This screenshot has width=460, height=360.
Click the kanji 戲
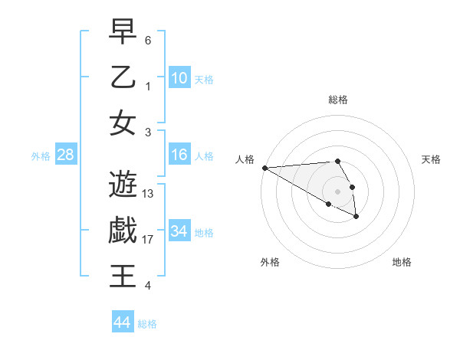(x=123, y=230)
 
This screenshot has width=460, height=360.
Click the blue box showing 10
(x=179, y=77)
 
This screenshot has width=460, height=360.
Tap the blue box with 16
(x=179, y=155)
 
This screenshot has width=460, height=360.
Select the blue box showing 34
(x=179, y=231)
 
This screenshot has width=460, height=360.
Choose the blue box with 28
(x=65, y=155)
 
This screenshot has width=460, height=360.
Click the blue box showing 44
(x=122, y=322)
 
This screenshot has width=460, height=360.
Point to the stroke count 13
(x=148, y=194)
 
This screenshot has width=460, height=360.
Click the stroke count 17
(x=148, y=240)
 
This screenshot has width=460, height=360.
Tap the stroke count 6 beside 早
(x=147, y=40)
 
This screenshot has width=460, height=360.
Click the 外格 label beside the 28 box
(x=41, y=156)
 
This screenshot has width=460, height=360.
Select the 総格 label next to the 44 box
(x=147, y=324)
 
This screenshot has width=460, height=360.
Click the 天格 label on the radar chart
(x=431, y=159)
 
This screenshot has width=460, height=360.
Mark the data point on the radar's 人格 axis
(x=264, y=168)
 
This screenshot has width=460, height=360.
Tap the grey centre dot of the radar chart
(x=337, y=191)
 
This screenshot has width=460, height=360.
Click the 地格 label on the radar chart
(x=402, y=262)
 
